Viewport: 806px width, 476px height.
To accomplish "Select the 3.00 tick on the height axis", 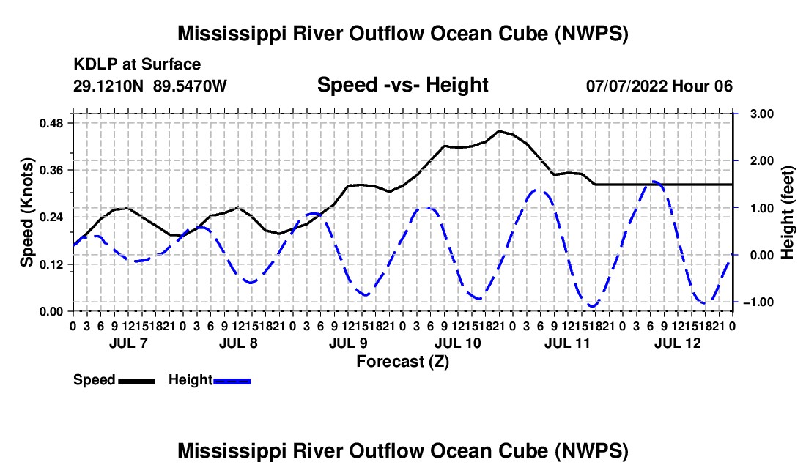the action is [762, 114].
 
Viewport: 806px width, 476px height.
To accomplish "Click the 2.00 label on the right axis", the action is [762, 160].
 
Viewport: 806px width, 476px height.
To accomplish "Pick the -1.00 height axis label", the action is [758, 302].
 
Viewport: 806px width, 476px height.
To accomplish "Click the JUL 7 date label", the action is [128, 343].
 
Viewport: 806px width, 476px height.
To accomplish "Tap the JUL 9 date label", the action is [349, 343].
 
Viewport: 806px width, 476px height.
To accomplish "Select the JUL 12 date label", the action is [678, 343].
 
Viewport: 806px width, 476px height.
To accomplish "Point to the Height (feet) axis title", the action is [788, 212].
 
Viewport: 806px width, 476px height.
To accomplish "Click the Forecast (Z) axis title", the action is [403, 362].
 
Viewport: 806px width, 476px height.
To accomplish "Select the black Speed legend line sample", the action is [137, 382].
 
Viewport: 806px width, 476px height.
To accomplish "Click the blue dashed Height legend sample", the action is [232, 382].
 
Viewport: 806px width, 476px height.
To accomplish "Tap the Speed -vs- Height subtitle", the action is [403, 85].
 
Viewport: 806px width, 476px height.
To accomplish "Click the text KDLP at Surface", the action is [137, 64].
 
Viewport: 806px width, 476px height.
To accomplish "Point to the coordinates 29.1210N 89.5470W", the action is [150, 86].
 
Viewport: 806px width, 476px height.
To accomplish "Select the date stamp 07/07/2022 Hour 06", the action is [659, 86].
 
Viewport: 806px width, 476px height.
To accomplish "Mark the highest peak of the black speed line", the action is [498, 131].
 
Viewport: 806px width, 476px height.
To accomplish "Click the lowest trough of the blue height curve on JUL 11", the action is [593, 307].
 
